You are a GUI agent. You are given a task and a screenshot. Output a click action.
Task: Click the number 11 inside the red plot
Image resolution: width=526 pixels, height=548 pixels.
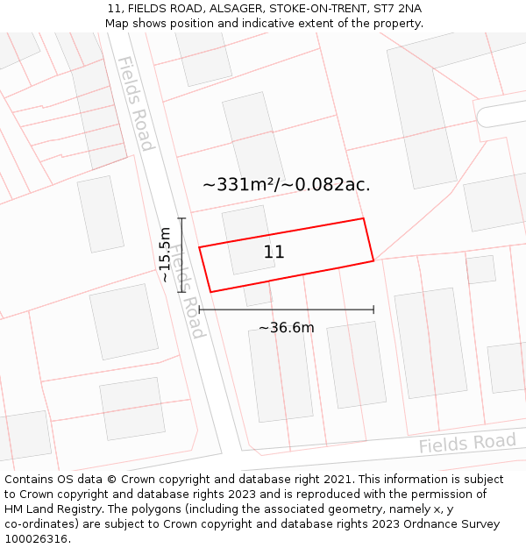(274, 253)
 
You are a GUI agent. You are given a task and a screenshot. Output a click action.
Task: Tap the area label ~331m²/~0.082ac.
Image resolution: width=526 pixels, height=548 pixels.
(286, 185)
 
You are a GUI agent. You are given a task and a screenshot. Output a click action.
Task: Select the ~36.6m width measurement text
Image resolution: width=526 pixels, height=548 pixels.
(286, 328)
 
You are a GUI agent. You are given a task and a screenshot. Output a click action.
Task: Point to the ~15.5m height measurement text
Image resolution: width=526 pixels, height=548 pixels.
(164, 254)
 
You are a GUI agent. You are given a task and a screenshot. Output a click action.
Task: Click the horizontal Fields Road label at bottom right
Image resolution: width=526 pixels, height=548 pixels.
(466, 443)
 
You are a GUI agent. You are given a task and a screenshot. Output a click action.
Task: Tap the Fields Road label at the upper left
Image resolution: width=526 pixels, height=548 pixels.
(136, 103)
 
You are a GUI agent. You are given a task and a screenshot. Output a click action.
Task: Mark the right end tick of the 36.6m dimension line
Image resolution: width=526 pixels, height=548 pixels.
(373, 310)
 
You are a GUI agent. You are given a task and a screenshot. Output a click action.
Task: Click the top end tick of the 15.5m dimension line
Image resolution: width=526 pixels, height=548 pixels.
(181, 218)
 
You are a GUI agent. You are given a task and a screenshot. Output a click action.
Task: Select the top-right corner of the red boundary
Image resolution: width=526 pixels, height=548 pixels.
(362, 218)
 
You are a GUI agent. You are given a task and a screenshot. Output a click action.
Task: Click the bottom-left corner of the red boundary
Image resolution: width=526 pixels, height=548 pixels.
(210, 292)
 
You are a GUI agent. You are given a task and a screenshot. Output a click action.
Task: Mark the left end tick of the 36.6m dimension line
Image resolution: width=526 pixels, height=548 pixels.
(200, 310)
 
